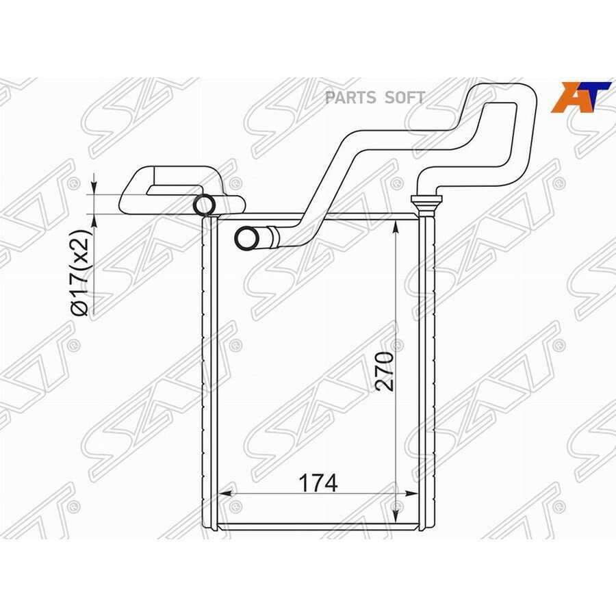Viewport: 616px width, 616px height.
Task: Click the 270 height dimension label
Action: pos(385,371)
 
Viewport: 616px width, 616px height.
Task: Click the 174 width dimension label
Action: pos(318,483)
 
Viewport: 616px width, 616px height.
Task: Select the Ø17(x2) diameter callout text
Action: pos(81,272)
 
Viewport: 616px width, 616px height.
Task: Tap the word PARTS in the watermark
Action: pos(350,97)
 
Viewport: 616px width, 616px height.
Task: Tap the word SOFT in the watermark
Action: pos(405,97)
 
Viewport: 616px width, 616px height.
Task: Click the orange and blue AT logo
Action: pos(580,97)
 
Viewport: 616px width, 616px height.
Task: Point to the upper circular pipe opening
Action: pos(204,205)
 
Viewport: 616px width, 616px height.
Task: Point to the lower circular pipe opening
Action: pos(247,238)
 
